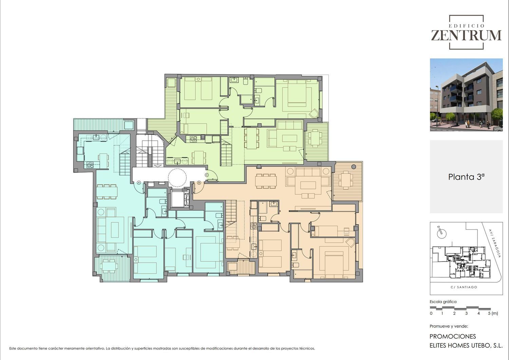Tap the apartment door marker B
click(199, 183)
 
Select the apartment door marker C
click(207, 175)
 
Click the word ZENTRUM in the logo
click(466, 35)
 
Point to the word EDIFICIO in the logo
click(466, 26)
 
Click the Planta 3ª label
click(466, 177)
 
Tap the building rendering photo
click(466, 95)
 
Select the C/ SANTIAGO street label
click(464, 287)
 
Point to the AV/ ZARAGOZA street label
click(494, 243)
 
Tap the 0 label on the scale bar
click(431, 313)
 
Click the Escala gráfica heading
click(443, 302)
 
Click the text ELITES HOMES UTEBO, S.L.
click(466, 345)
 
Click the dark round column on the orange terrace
click(353, 167)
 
